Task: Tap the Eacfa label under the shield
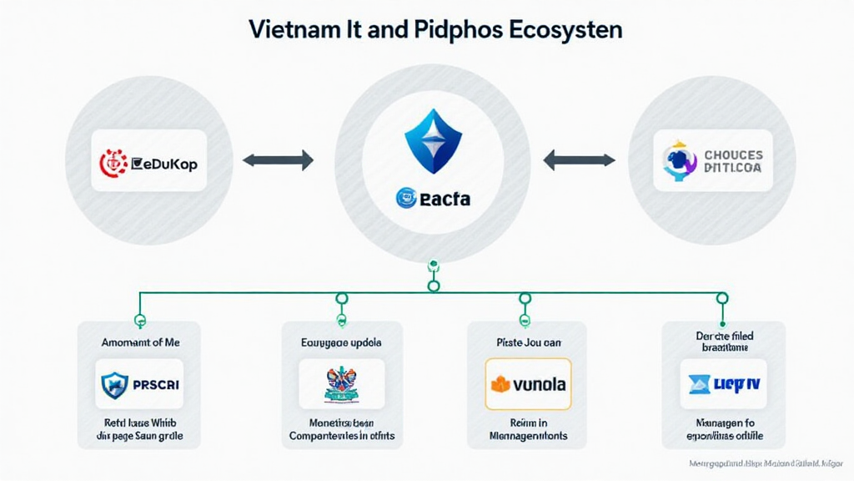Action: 433,198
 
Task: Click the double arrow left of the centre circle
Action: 278,159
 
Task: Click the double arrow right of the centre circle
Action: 579,159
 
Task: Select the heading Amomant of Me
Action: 140,342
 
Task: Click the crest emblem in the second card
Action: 341,383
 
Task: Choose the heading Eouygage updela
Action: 341,342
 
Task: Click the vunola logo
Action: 527,384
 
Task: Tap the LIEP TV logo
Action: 723,383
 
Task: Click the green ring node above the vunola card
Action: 525,298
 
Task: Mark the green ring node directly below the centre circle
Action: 433,286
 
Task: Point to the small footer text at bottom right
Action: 766,462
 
